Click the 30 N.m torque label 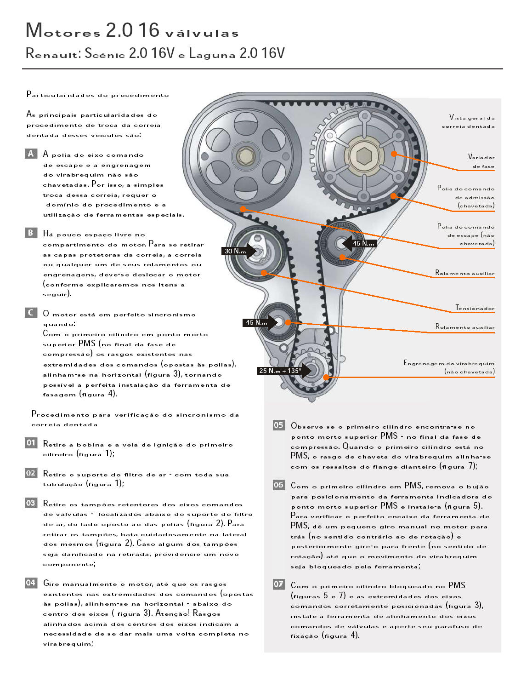coord(235,251)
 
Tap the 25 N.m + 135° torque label coord(280,371)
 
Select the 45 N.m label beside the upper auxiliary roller coord(363,243)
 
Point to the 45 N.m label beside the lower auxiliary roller coord(256,322)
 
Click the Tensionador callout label coord(475,308)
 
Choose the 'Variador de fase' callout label coord(481,161)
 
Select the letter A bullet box coord(31,154)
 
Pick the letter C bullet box coord(31,313)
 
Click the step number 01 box coord(31,443)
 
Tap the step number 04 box coord(31,583)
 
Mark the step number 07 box coord(278,584)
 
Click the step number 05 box coord(278,425)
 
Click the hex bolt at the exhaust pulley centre coord(246,156)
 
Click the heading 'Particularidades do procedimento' coord(97,95)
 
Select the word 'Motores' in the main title coord(63,31)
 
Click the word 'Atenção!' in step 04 coord(172,613)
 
